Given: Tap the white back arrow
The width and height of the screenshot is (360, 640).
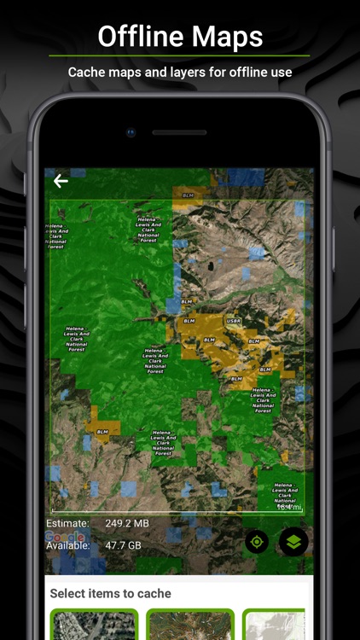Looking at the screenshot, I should (61, 181).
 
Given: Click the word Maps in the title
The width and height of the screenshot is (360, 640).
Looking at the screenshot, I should (227, 37).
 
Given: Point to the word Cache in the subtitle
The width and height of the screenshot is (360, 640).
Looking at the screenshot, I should (87, 73).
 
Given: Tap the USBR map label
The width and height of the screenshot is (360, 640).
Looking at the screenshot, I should (234, 321).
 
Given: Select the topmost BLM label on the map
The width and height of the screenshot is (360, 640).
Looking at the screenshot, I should (188, 195).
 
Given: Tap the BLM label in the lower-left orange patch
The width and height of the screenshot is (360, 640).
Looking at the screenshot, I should (102, 432).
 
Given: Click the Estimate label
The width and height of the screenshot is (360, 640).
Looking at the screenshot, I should (67, 523).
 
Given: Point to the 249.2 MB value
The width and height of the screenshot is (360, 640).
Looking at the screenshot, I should (127, 523).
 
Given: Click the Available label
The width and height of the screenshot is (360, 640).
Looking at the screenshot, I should (68, 545).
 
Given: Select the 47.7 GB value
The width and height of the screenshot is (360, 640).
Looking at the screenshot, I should (123, 545).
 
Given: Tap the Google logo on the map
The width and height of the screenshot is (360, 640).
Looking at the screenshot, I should (65, 536).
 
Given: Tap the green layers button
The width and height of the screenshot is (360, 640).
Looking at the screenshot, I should (293, 542).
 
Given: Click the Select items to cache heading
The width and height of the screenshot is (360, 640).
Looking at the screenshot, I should (110, 593).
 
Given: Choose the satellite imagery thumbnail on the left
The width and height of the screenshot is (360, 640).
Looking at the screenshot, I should (94, 625).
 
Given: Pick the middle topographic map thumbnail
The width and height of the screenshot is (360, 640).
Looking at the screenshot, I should (189, 625).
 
